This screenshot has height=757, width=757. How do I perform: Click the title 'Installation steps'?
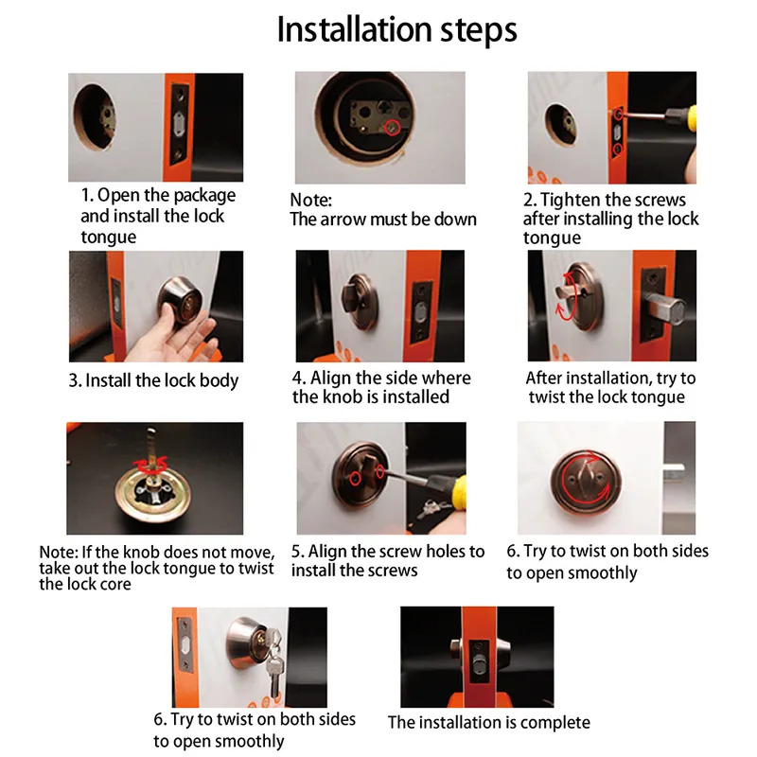click(x=396, y=30)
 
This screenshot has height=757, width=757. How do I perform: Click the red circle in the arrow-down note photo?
click(x=393, y=128)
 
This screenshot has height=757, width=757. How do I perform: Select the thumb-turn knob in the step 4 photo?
click(x=352, y=297)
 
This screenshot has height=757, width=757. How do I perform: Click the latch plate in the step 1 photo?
click(x=179, y=124)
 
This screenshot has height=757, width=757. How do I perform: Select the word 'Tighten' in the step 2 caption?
click(x=571, y=200)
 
